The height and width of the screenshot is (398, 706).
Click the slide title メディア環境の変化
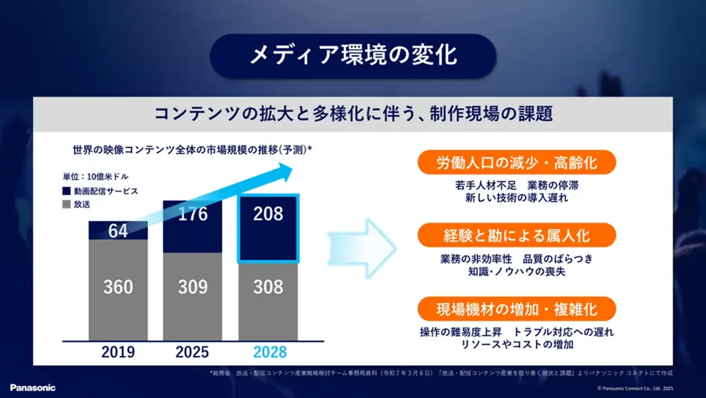[352, 56]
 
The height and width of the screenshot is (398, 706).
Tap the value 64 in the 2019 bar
[118, 231]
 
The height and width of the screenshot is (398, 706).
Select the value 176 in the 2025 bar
[192, 214]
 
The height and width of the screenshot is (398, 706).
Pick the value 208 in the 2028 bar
[268, 214]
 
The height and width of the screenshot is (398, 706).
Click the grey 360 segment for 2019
[118, 286]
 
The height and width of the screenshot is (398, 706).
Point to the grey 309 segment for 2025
[192, 286]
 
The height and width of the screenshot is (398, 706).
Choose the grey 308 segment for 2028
[268, 286]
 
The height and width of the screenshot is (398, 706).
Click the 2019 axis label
[118, 352]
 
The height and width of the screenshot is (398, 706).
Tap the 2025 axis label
[192, 352]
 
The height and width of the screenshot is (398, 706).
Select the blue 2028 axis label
[268, 352]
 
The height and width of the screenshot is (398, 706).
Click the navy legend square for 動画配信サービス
[66, 190]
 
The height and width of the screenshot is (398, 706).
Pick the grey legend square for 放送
[66, 204]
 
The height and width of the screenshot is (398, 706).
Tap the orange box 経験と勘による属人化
[516, 235]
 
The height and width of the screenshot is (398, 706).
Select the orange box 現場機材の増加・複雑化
[516, 308]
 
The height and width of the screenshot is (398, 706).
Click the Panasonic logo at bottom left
[32, 388]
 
